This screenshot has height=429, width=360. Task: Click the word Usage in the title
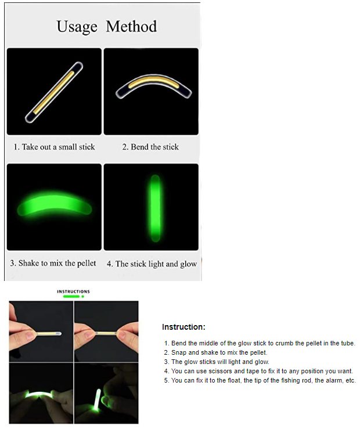click(x=77, y=27)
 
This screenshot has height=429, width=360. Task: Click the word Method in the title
click(x=131, y=26)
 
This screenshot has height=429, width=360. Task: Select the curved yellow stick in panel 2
click(x=153, y=82)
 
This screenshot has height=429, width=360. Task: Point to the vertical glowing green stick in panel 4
click(x=156, y=208)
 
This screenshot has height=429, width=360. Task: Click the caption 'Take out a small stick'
click(x=58, y=147)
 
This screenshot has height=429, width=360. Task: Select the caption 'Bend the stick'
click(x=154, y=147)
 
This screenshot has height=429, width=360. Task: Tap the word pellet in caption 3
click(x=87, y=263)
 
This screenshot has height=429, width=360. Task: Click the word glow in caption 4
click(x=189, y=264)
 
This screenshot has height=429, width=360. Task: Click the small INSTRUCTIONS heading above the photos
click(x=73, y=291)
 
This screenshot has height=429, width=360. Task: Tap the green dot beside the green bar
click(x=82, y=296)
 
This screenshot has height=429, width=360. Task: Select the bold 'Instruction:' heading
click(x=183, y=327)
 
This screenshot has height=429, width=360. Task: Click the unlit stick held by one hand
click(x=47, y=334)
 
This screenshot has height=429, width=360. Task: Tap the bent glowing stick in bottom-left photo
click(x=39, y=395)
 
